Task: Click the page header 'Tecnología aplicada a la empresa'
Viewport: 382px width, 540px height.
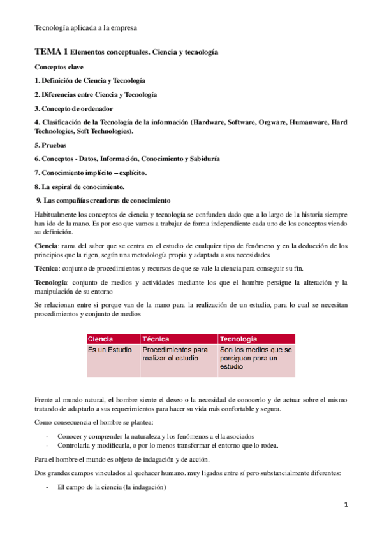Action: coord(85,28)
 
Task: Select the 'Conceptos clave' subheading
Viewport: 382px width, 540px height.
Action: coord(59,67)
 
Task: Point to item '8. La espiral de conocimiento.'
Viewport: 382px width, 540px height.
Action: coord(79,187)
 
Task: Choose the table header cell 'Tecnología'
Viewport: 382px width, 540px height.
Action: coord(239,339)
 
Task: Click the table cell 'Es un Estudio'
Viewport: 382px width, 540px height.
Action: coord(110,350)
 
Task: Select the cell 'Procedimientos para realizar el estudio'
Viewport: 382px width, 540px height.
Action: coord(175,354)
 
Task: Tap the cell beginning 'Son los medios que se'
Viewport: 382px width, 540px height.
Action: coord(255,358)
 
